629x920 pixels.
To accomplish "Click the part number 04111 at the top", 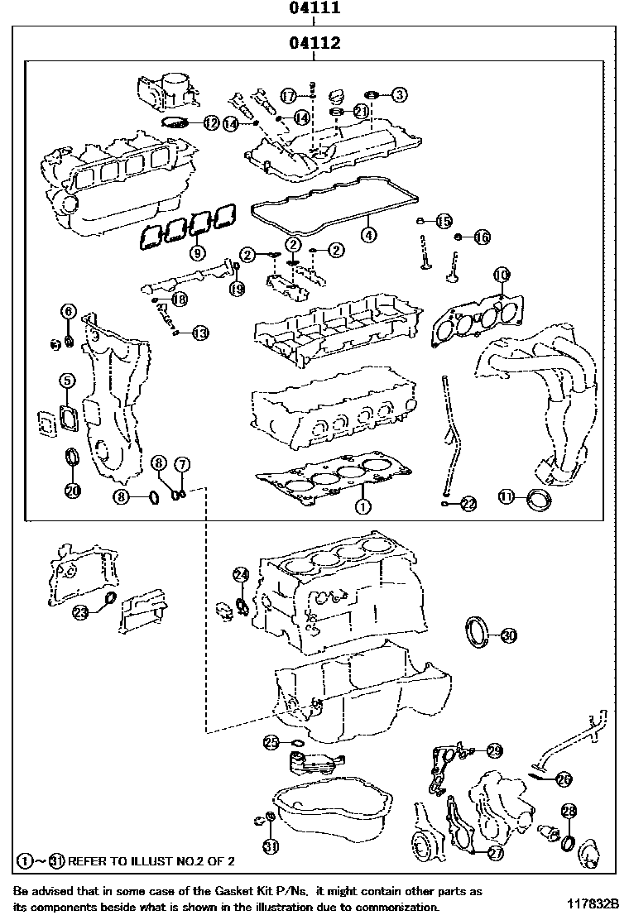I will click(314, 10).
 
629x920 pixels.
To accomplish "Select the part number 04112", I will click(314, 44).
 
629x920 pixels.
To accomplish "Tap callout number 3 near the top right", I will click(399, 95).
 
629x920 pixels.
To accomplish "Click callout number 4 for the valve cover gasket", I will click(368, 234).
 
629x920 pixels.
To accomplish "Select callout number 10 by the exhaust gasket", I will click(501, 275).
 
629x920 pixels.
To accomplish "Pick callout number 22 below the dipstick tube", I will click(468, 503).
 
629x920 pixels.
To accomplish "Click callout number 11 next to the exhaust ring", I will click(507, 496).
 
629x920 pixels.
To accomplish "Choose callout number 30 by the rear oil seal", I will click(509, 635).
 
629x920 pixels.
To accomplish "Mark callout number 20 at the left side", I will click(73, 490).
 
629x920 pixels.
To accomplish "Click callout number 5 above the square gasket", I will click(67, 381).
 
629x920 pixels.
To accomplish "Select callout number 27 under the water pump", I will click(496, 853).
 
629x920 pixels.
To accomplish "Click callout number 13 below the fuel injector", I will click(199, 333).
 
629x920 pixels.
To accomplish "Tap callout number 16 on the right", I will click(482, 237).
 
